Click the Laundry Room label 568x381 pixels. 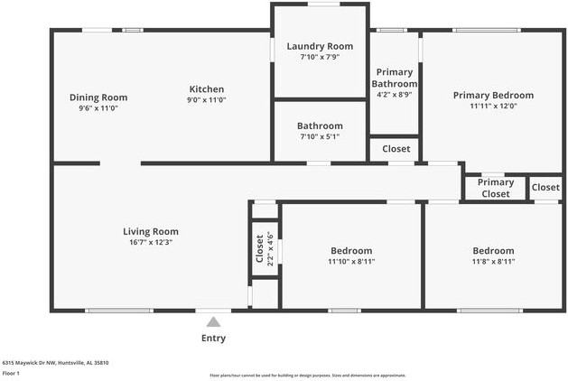pyautogui.click(x=320, y=46)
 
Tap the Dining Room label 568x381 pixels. pyautogui.click(x=98, y=98)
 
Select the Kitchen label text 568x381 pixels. pyautogui.click(x=206, y=88)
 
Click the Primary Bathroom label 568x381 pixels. pyautogui.click(x=394, y=79)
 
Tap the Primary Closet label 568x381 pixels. pyautogui.click(x=496, y=188)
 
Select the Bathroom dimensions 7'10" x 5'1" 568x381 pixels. pyautogui.click(x=320, y=137)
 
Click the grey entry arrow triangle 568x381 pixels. pyautogui.click(x=214, y=321)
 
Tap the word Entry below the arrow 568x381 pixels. pyautogui.click(x=213, y=339)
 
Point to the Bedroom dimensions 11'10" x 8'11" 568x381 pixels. pyautogui.click(x=350, y=261)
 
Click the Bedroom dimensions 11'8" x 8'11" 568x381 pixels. pyautogui.click(x=493, y=261)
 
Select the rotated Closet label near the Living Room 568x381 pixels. pyautogui.click(x=259, y=248)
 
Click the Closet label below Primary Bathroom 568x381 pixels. pyautogui.click(x=395, y=149)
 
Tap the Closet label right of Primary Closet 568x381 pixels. pyautogui.click(x=545, y=187)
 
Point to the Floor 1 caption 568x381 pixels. pyautogui.click(x=12, y=372)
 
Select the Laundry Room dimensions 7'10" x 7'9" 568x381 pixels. pyautogui.click(x=320, y=57)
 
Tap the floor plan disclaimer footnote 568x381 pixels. pyautogui.click(x=308, y=375)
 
